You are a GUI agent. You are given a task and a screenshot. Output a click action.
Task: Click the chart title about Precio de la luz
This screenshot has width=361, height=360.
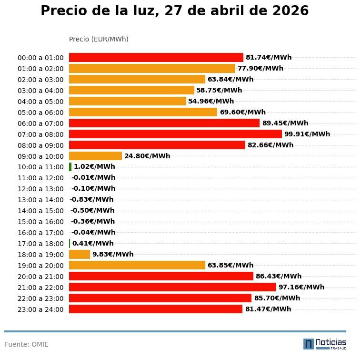click(x=174, y=11)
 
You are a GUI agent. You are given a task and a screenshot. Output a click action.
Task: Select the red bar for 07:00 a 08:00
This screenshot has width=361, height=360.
click(x=175, y=134)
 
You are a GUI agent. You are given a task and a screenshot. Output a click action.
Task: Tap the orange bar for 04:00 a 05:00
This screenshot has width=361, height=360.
click(x=127, y=101)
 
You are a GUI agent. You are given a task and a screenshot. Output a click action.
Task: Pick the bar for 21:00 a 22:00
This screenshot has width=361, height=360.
click(x=172, y=287)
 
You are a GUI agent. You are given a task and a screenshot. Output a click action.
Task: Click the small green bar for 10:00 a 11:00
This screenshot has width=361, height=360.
click(x=70, y=167)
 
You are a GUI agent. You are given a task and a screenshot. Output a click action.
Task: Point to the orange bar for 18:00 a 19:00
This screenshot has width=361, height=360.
click(x=80, y=254)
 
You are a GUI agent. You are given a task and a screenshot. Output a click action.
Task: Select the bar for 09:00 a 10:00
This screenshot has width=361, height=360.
click(x=95, y=156)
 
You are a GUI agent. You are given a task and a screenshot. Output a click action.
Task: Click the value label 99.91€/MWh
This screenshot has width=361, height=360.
click(x=307, y=134)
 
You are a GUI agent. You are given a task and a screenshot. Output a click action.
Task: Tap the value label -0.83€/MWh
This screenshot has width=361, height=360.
click(x=91, y=200)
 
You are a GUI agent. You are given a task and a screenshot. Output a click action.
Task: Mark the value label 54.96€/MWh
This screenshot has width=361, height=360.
click(x=211, y=101)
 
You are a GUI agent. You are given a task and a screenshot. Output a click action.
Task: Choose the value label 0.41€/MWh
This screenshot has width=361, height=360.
click(x=93, y=243)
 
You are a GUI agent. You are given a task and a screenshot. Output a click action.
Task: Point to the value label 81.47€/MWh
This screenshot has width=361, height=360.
click(x=268, y=309)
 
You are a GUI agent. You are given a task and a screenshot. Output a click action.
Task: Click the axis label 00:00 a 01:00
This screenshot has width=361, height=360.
click(x=40, y=58)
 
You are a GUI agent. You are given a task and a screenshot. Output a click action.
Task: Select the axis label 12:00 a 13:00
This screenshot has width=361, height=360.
click(x=40, y=189)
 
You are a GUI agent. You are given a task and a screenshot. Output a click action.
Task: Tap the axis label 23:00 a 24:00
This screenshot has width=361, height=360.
click(x=40, y=309)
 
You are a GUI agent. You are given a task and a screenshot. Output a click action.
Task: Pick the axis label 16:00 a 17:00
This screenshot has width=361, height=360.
click(x=40, y=233)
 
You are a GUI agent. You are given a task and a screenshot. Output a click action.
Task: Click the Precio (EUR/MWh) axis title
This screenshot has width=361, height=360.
click(x=99, y=39)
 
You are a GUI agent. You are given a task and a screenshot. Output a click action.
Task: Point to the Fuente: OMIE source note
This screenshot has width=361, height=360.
click(x=27, y=344)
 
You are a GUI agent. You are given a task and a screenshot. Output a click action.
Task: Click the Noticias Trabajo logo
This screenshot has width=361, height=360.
click(x=325, y=343)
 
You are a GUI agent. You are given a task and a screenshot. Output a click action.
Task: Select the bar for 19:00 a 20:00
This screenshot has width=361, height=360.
click(x=137, y=265)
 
